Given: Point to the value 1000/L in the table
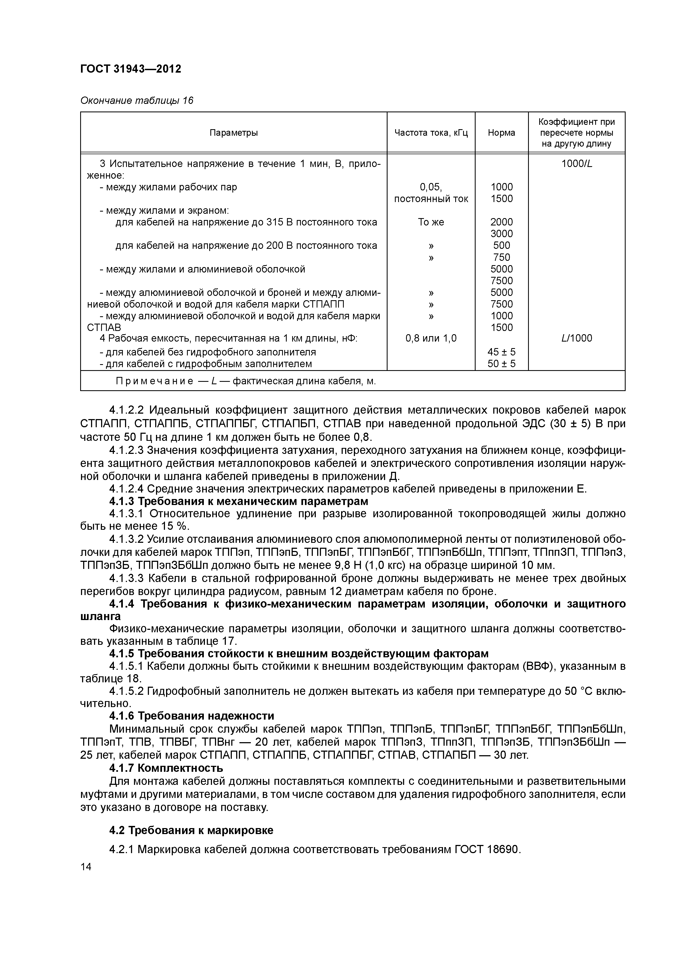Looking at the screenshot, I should click(x=576, y=164).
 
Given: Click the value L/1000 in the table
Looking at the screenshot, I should click(x=576, y=338).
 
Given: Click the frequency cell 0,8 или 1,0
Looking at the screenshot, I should click(x=431, y=338).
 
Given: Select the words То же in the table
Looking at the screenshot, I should click(x=431, y=222).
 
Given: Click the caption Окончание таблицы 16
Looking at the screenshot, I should click(x=137, y=101).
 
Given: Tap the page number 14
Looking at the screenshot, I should click(x=86, y=867).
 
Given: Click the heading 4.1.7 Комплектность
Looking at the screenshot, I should click(x=166, y=768).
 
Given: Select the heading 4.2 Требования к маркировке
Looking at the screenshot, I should click(x=191, y=830).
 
